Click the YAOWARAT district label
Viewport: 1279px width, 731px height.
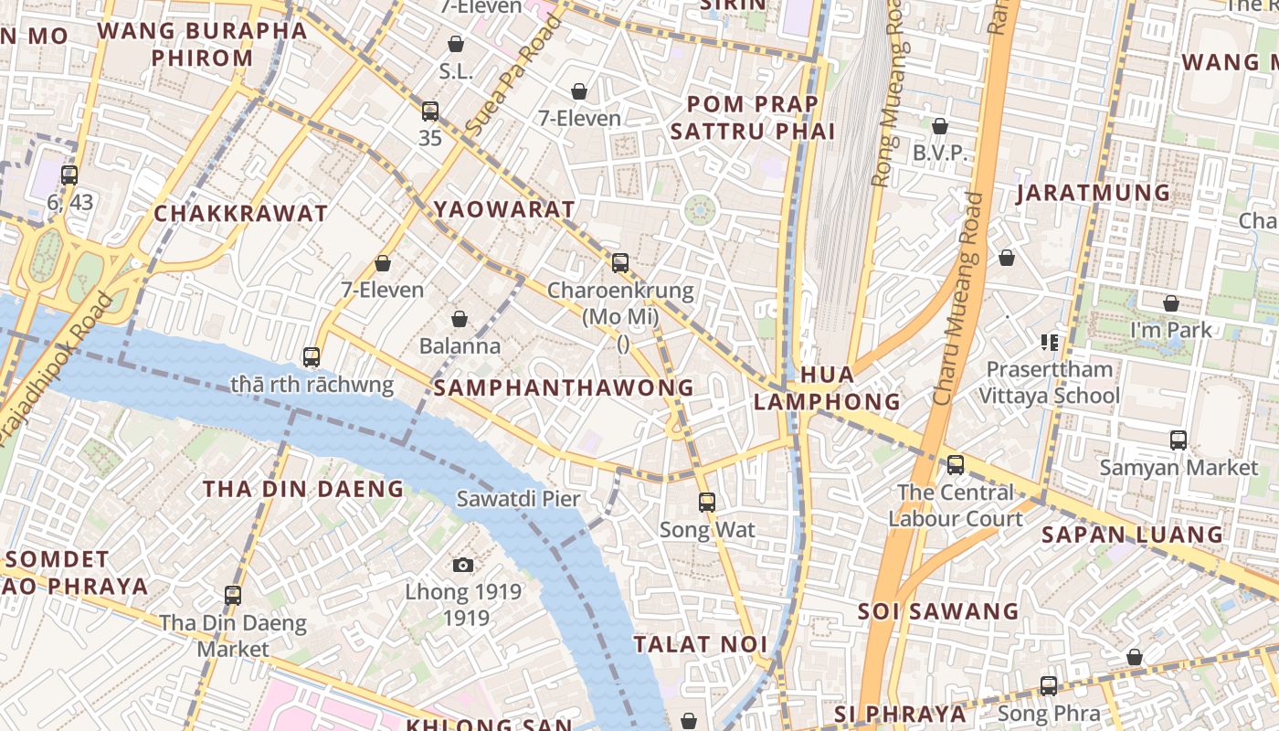[504, 209]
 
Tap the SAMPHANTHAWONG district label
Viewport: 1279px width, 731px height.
[564, 387]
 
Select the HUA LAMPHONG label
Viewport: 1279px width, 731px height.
[828, 388]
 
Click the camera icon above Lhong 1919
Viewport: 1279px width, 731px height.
[463, 565]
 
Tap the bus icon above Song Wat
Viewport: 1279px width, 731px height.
[706, 502]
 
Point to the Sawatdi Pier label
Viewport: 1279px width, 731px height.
[518, 499]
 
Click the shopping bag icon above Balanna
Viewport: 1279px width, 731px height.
[460, 319]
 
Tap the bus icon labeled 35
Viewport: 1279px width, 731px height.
[430, 111]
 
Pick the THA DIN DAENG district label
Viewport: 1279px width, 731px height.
[303, 489]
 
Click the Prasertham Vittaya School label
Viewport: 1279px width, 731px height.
[1049, 382]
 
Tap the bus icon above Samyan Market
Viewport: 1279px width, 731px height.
[1179, 440]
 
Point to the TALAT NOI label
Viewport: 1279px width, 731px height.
[701, 644]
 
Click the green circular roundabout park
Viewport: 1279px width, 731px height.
[701, 211]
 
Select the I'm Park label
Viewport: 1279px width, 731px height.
[1170, 330]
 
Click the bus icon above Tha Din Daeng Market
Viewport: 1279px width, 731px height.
[233, 596]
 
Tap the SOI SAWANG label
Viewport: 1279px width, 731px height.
[937, 611]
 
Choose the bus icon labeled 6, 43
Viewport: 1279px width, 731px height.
[69, 175]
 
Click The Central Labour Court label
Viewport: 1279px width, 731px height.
[955, 505]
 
